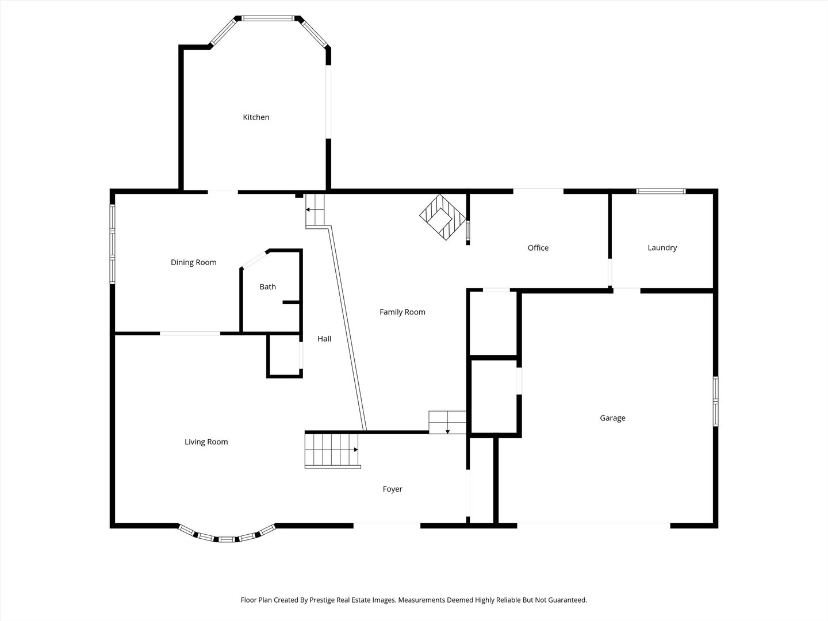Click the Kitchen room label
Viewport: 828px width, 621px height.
coord(256,117)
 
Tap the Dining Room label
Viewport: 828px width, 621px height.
coord(193,262)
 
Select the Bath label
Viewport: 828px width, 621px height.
coord(267,287)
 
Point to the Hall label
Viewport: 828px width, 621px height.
coord(324,339)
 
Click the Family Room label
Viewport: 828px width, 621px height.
coord(402,312)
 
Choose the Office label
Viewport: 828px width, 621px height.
coord(538,248)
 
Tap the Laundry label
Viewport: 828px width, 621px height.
coord(662,248)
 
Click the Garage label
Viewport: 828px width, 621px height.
coord(612,418)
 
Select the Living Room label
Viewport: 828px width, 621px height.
coord(206,442)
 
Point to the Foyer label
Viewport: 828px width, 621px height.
coord(392,489)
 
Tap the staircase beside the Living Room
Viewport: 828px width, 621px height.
coord(332,450)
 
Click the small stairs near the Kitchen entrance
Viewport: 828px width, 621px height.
coord(315,210)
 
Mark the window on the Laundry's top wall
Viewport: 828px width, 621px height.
coord(661,191)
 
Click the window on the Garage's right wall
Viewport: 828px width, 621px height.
coord(716,401)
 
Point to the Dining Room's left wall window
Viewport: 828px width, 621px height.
coord(113,244)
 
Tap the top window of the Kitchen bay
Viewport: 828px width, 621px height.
coord(268,18)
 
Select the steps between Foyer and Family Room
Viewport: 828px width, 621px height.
coord(447,422)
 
